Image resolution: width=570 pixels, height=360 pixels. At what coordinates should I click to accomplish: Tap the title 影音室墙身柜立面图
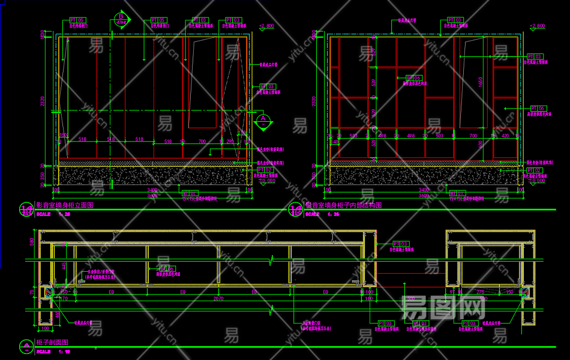tap(65, 206)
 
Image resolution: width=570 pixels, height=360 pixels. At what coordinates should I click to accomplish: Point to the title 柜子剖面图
tap(53, 342)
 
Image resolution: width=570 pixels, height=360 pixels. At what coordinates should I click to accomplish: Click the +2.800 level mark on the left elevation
tap(266, 26)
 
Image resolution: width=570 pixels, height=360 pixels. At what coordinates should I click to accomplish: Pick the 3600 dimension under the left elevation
tap(152, 196)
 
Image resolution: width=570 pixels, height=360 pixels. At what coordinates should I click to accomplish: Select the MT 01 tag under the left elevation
tap(189, 193)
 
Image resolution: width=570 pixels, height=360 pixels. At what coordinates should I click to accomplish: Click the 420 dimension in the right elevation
tap(505, 136)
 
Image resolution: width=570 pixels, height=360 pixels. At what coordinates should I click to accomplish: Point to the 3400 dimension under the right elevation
tap(424, 190)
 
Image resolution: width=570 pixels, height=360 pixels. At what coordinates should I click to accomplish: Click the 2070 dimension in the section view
tap(219, 298)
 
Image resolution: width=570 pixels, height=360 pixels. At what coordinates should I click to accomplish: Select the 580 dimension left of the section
tap(32, 242)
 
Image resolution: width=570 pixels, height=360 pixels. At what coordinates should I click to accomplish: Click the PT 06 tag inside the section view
tap(166, 269)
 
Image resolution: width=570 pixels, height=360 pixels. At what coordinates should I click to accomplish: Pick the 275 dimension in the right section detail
tap(481, 292)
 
